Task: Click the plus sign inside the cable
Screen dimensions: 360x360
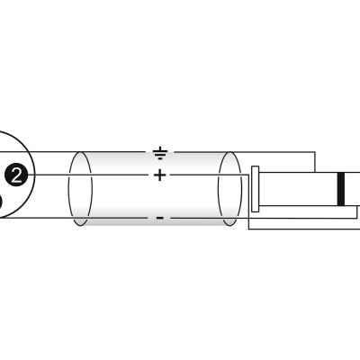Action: point(160,175)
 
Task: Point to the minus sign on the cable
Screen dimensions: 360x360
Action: point(160,217)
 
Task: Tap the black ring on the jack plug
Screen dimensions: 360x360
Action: point(340,188)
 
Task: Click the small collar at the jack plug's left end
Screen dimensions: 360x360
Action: point(256,189)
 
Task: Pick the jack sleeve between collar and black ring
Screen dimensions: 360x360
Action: point(297,188)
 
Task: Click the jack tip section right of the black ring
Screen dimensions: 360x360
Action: point(353,188)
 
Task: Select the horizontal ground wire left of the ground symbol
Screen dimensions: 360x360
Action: point(108,151)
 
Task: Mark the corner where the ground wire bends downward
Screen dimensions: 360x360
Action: point(316,151)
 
